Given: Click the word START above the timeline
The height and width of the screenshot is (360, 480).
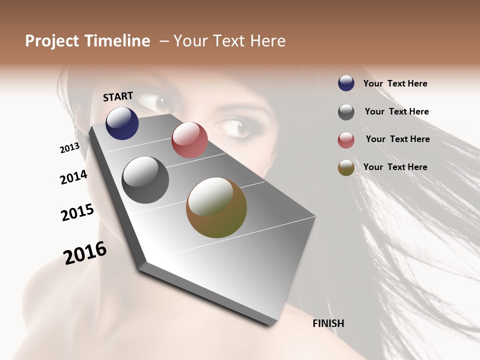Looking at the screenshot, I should (118, 96).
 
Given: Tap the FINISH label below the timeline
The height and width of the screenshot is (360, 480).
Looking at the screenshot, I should (328, 323).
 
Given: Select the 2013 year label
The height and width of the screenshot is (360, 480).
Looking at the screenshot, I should (69, 148).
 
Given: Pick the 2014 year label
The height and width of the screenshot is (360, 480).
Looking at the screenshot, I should (74, 177).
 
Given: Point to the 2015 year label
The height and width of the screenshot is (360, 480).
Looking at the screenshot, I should (77, 212).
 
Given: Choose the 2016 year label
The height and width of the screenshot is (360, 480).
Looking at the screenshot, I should (85, 253).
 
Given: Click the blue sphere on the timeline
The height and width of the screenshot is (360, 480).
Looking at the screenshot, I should (122, 123).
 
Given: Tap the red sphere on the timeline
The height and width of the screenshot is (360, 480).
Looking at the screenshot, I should (189, 140).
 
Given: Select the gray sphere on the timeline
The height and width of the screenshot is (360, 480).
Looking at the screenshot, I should (145, 180).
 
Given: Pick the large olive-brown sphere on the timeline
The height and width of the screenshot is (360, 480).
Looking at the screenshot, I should (216, 207).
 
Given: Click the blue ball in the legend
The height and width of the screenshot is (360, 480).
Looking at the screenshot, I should (346, 83).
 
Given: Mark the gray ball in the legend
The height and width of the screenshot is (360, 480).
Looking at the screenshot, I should (346, 112).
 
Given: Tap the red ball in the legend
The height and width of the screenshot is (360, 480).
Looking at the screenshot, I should (346, 140).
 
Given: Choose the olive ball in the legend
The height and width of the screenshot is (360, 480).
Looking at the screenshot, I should (346, 168).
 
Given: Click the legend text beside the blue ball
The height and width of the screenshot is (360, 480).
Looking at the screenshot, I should (395, 83).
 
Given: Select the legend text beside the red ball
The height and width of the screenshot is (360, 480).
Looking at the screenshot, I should (397, 139).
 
